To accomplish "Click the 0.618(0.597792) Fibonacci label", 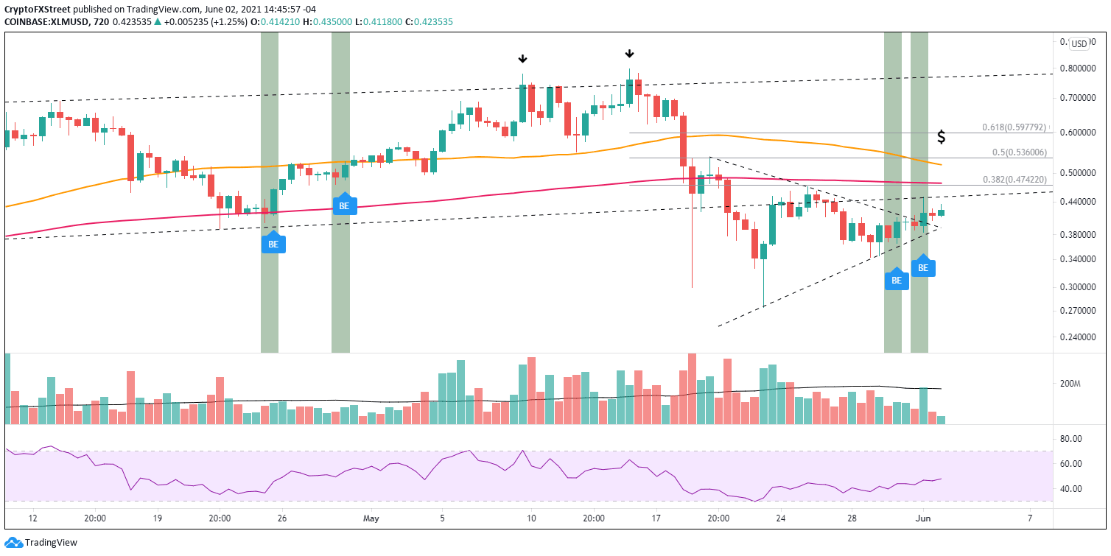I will click(x=1014, y=127).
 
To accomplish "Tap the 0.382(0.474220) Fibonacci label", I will click(x=1014, y=179).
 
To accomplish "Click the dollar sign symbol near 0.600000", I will click(x=941, y=137).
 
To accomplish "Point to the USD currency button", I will click(x=1079, y=43).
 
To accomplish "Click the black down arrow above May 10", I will click(x=522, y=59).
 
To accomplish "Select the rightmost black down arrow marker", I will click(x=629, y=54).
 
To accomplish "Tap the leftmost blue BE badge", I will click(x=273, y=243).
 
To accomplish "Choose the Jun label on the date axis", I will click(x=922, y=518).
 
